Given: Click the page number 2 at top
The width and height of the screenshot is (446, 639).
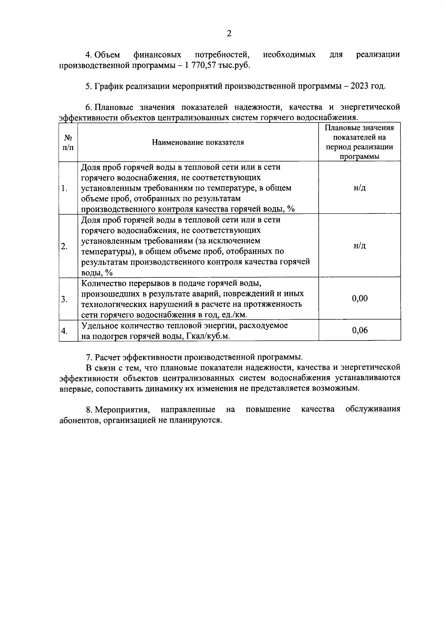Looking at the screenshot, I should pyautogui.click(x=229, y=34).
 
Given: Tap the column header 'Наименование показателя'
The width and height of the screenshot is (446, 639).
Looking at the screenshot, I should pyautogui.click(x=198, y=142).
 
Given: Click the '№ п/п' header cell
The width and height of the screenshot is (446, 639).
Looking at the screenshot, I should pyautogui.click(x=68, y=142).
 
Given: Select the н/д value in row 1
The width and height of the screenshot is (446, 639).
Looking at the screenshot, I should pyautogui.click(x=359, y=188).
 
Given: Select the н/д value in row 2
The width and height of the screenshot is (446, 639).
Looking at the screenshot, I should pyautogui.click(x=359, y=246).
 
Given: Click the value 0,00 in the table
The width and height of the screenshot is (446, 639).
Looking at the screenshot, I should pyautogui.click(x=359, y=299).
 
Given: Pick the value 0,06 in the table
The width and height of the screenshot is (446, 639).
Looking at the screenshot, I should pyautogui.click(x=359, y=330).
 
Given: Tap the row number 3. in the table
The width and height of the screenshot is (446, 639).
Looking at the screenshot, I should pyautogui.click(x=64, y=299).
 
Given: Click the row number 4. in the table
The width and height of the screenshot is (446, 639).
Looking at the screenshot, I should pyautogui.click(x=64, y=331).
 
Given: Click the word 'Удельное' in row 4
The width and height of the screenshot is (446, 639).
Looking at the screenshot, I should pyautogui.click(x=98, y=326).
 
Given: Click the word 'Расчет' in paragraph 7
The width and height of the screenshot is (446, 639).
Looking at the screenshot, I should pyautogui.click(x=107, y=358).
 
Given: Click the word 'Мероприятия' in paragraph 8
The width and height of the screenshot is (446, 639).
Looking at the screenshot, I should pyautogui.click(x=122, y=410).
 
